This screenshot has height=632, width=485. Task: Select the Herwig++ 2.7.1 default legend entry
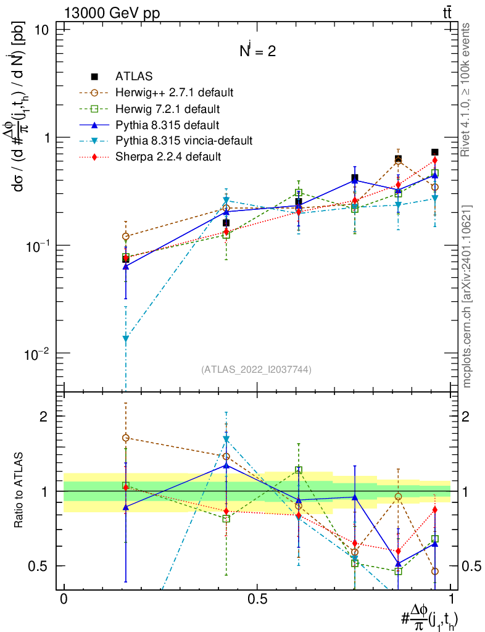pyautogui.click(x=174, y=93)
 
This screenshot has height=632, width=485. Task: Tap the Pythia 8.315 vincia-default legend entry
pyautogui.click(x=184, y=141)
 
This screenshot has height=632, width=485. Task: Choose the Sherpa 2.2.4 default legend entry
pyautogui.click(x=168, y=157)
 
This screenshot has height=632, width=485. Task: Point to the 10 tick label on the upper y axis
pyautogui.click(x=48, y=30)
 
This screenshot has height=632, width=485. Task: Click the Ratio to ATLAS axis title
pyautogui.click(x=20, y=491)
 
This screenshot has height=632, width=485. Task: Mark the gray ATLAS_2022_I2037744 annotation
pyautogui.click(x=256, y=370)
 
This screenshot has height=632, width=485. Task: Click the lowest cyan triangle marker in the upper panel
pyautogui.click(x=126, y=338)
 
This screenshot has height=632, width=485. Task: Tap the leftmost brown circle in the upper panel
pyautogui.click(x=126, y=236)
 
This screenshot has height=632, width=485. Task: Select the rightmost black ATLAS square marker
pyautogui.click(x=435, y=152)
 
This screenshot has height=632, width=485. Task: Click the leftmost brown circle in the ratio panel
pyautogui.click(x=126, y=438)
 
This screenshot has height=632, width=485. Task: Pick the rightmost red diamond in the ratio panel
pyautogui.click(x=435, y=510)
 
